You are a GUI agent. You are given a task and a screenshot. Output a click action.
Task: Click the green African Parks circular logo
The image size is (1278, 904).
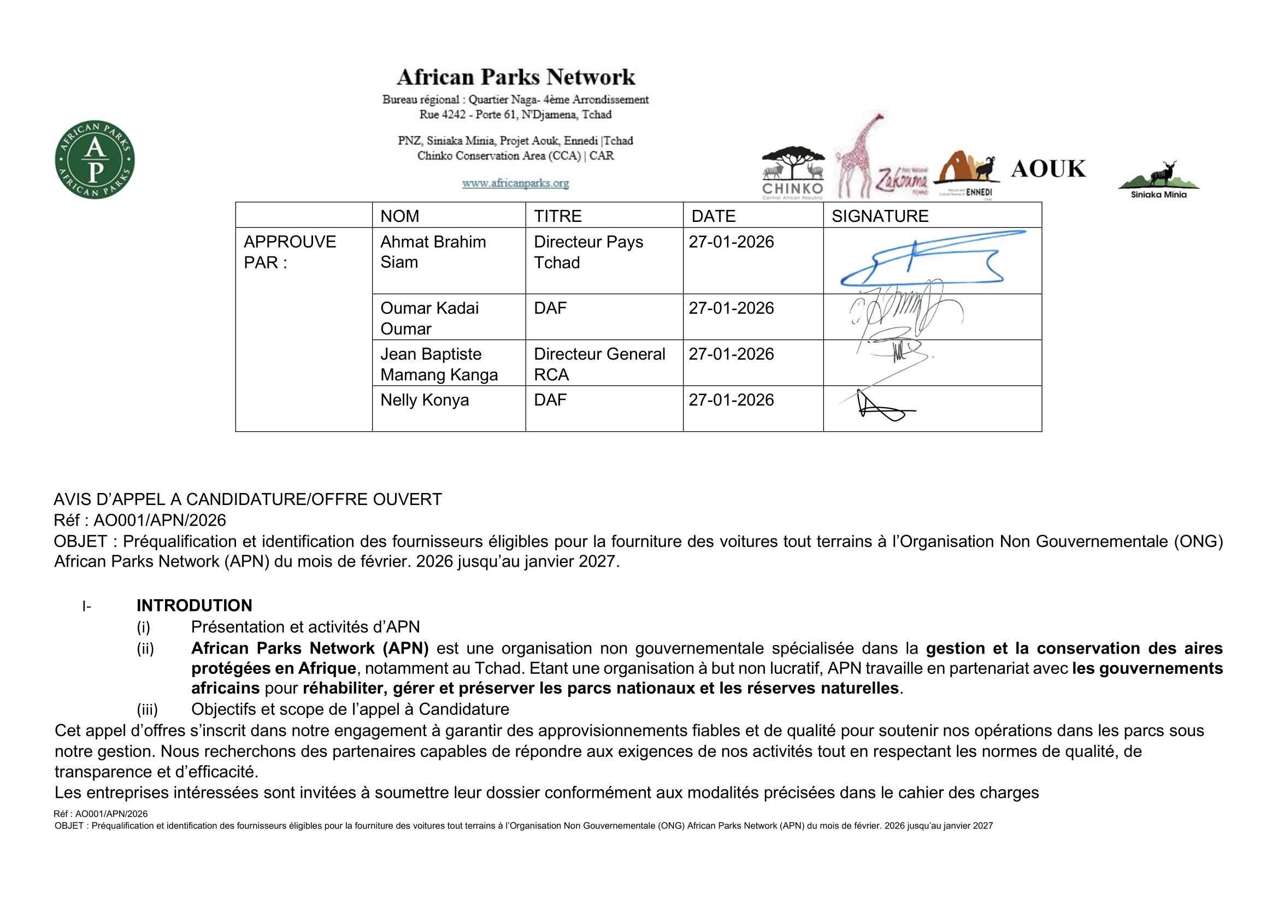95,160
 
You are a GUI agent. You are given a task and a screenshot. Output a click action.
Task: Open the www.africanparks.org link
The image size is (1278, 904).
515,183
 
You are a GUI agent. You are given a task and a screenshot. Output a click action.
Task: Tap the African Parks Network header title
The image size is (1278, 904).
515,77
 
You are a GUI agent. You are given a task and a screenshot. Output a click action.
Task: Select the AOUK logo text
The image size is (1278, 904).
1048,169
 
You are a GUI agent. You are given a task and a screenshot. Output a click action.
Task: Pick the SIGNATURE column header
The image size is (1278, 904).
880,216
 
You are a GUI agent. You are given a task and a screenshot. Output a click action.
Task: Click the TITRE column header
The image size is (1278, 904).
558,216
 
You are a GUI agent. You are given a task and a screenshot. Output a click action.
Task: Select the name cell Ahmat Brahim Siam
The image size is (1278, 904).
433,251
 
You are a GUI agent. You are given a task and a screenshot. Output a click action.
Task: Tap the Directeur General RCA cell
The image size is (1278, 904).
599,364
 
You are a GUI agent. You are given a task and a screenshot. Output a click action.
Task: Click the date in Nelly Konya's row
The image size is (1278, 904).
731,400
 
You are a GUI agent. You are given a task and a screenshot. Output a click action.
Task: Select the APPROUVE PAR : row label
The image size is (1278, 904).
290,251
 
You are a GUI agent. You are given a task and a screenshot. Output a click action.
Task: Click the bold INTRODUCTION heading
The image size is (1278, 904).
195,605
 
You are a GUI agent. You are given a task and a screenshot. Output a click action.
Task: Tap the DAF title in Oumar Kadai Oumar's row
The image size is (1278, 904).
550,308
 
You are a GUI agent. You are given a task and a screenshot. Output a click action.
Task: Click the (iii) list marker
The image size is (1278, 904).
147,709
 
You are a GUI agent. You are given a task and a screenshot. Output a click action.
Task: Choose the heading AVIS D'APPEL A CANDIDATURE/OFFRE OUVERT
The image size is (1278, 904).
248,500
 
